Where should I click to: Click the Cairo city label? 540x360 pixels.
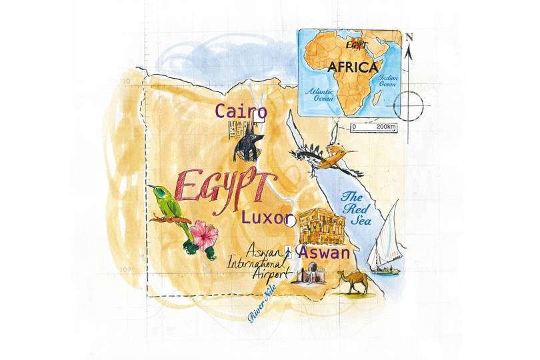241,112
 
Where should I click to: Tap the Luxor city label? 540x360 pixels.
266,218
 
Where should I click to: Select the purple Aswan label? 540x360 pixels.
323,253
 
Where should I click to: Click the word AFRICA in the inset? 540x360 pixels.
353,67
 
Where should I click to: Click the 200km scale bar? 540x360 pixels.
373,127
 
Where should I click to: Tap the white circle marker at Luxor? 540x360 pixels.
287,220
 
